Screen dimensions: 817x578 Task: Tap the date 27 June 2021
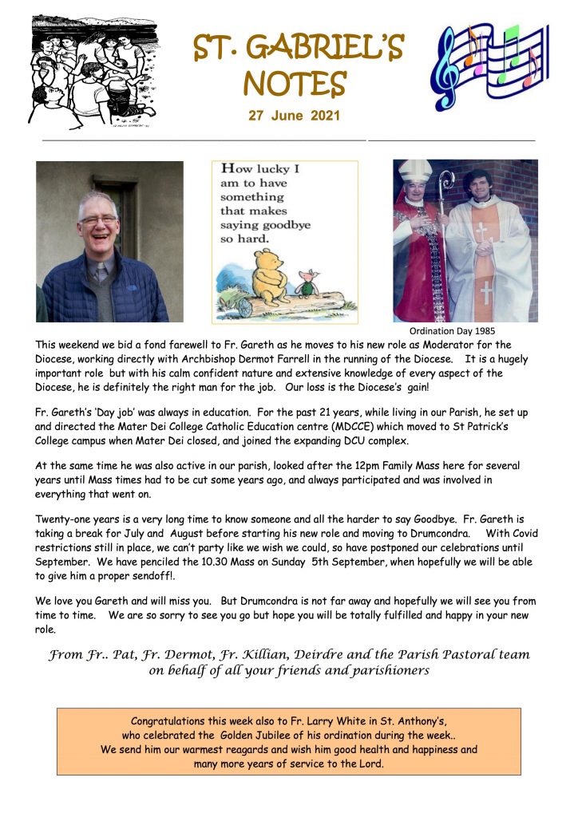coord(294,116)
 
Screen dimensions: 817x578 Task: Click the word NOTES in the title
coord(294,83)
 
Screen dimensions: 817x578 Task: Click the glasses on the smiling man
coord(98,219)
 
